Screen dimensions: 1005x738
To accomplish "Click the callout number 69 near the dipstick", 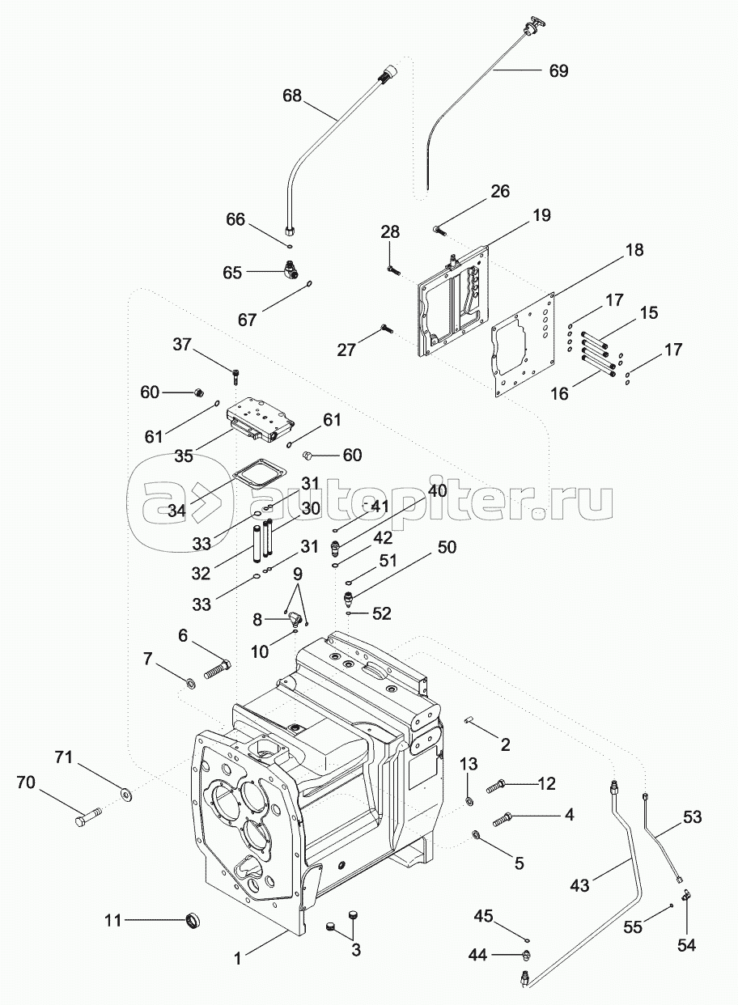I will click(558, 71).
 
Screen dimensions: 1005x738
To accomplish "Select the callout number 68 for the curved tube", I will click(291, 95).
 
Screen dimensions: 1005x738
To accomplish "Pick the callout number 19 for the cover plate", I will click(541, 215).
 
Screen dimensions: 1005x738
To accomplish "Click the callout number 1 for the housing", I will click(238, 959).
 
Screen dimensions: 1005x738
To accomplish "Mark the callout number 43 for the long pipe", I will click(580, 886).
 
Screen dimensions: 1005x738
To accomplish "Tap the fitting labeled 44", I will click(524, 956).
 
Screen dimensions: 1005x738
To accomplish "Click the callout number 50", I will click(447, 548).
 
